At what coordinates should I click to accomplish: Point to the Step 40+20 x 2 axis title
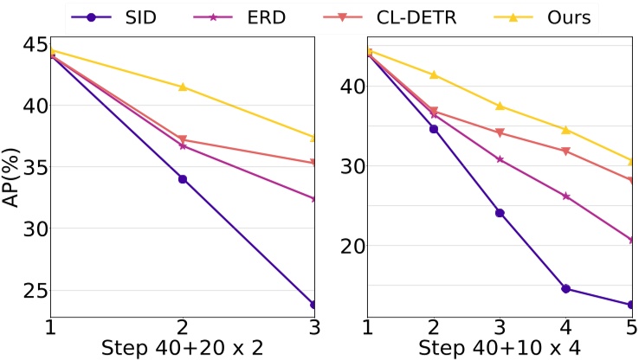coord(182,348)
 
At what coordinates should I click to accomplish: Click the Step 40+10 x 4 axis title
coord(500,348)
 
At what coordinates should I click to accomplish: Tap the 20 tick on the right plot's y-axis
coord(349,246)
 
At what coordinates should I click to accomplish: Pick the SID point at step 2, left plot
coord(183,179)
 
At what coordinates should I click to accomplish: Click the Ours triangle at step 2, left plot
coord(183,87)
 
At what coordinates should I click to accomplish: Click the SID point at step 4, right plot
coord(565,288)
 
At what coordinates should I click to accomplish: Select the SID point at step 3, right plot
coord(500,213)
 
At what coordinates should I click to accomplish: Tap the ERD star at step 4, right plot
coord(565,196)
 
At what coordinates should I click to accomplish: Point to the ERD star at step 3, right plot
coord(500,159)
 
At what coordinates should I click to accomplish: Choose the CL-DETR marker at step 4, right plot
coord(565,151)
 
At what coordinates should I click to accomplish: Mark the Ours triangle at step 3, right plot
coord(500,106)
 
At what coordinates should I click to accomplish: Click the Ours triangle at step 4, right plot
coord(565,130)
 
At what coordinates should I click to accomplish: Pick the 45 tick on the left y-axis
coord(30,43)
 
